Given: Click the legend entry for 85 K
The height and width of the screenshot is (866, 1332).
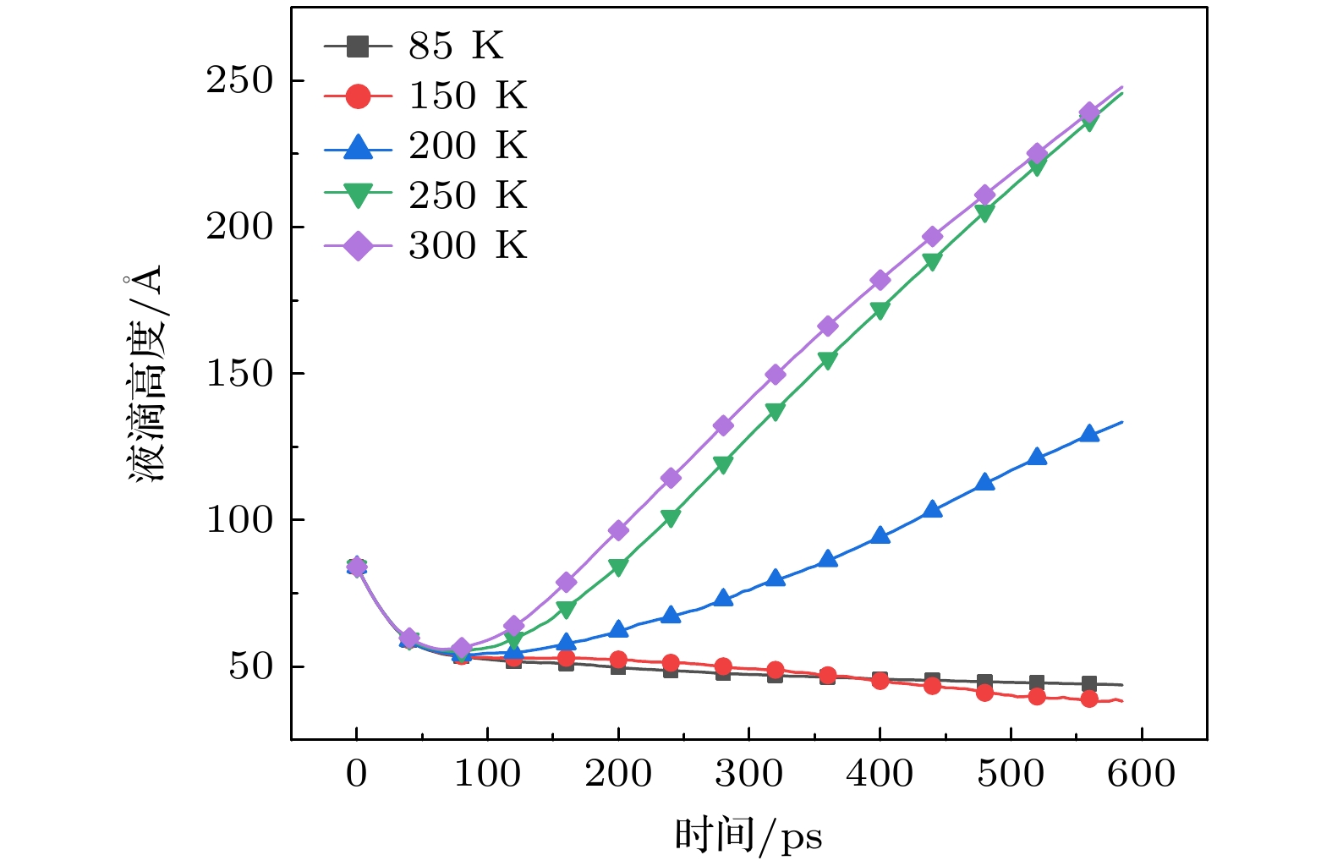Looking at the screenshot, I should tap(456, 46).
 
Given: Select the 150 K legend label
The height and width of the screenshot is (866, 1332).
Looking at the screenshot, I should tap(468, 96).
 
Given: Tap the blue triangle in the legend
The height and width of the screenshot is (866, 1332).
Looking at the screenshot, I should tap(359, 147).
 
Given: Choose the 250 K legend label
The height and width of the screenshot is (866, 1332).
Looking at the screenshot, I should tap(468, 195).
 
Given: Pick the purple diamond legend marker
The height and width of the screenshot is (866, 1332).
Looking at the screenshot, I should tap(359, 246).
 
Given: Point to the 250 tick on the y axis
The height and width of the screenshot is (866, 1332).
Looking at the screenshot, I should tap(240, 81).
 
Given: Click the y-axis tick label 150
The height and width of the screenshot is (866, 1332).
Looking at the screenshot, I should tap(240, 373).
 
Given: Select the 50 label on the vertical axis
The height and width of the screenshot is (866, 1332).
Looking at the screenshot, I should tap(251, 666).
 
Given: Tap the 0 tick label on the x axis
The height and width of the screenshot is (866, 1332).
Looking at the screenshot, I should tap(357, 773).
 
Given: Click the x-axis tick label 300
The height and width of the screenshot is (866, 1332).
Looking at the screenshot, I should tap(749, 773).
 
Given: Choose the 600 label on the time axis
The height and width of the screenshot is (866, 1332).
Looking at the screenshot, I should tap(1142, 773).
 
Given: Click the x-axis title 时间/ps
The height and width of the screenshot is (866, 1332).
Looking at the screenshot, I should tap(748, 836).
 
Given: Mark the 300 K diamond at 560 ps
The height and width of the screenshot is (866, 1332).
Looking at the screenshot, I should tap(1089, 112).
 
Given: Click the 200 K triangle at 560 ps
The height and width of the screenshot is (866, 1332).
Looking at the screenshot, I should tap(1089, 434).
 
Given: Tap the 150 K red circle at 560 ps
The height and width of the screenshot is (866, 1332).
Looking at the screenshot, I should tap(1089, 699).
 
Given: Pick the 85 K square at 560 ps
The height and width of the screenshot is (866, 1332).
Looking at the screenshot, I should tap(1089, 683).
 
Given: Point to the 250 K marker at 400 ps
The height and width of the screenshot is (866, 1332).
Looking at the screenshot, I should tap(880, 310).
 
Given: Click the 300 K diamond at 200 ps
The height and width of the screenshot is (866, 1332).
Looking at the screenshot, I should tap(618, 531).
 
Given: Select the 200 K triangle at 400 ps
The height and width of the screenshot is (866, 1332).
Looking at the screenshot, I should tap(880, 535).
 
